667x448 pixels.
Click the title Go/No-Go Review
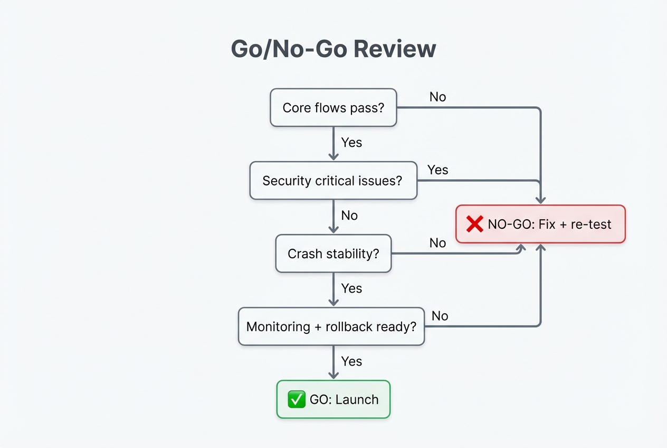click(333, 49)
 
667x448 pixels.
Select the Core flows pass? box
click(333, 108)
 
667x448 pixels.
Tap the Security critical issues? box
click(333, 181)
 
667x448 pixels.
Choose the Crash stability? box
click(333, 254)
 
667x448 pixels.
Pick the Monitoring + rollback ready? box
click(331, 326)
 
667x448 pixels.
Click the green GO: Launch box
click(333, 399)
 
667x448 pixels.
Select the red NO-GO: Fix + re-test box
click(540, 224)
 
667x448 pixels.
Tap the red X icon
click(475, 224)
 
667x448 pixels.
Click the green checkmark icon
click(296, 400)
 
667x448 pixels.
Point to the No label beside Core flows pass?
click(437, 97)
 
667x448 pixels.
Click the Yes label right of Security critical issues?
click(437, 170)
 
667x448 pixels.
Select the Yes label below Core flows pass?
click(351, 143)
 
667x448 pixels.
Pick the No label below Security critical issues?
click(349, 216)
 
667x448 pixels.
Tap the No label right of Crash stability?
click(437, 242)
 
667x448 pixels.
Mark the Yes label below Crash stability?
click(351, 288)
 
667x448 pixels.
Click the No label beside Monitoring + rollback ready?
click(440, 316)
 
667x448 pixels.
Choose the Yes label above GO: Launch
click(351, 361)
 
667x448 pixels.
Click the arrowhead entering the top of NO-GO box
click(540, 200)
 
